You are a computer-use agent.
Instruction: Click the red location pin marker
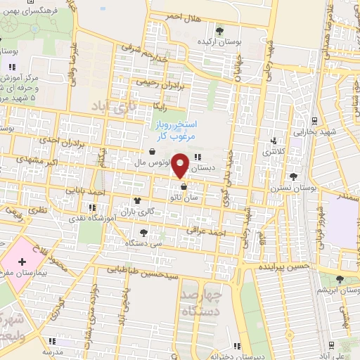(181, 165)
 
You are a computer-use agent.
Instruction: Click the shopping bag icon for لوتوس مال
(153, 151)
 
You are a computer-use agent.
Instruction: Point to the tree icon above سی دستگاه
(144, 233)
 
